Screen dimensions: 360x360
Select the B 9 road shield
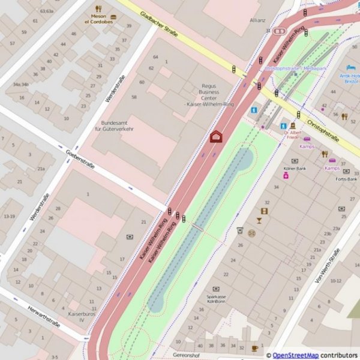click(x=278, y=30)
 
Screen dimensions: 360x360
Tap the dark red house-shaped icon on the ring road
click(x=216, y=137)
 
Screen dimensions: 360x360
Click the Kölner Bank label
click(x=295, y=169)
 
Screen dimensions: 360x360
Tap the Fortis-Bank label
click(x=346, y=178)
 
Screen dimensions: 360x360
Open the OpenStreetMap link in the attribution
click(x=295, y=355)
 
